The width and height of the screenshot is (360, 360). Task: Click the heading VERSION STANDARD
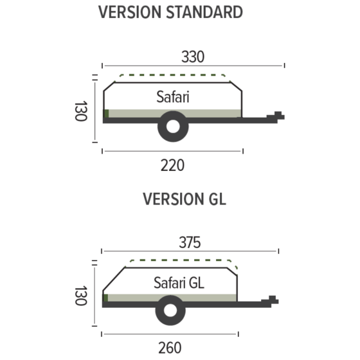click(x=170, y=12)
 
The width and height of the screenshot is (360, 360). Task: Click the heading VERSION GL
click(x=184, y=199)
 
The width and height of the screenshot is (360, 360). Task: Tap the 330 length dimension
click(x=192, y=57)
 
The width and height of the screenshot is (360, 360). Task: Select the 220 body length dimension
click(x=172, y=165)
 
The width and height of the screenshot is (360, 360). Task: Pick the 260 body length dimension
click(x=170, y=348)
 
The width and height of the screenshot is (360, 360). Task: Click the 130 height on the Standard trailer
click(x=80, y=112)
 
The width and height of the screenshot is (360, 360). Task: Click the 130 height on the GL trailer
click(x=80, y=295)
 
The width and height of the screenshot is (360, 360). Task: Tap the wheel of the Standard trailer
click(x=173, y=127)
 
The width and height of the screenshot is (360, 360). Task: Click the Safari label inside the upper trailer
click(x=174, y=97)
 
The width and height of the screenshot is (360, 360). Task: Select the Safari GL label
click(x=179, y=282)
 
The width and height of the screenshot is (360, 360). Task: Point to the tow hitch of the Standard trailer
click(x=278, y=116)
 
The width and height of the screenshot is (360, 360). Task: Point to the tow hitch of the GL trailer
click(x=273, y=300)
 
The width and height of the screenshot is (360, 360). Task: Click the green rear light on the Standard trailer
click(x=106, y=114)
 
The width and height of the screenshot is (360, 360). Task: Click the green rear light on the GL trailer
click(x=105, y=298)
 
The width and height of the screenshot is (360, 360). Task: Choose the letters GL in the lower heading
click(x=216, y=199)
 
